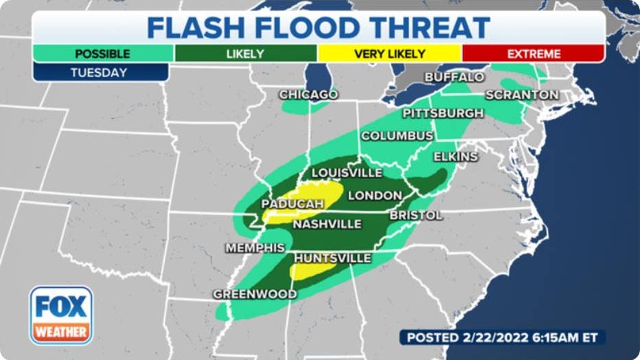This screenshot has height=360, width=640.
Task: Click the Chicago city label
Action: coord(308,94)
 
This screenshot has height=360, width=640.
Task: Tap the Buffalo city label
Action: coord(454,77)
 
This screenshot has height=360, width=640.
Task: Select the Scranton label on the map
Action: coord(522,95)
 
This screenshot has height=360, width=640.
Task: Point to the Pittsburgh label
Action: coord(443,113)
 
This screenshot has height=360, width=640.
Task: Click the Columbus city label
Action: coord(397,135)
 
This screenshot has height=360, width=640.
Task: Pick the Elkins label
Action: coord(455,157)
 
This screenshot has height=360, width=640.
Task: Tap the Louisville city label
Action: coord(347,172)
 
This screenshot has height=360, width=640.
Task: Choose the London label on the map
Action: coord(374,195)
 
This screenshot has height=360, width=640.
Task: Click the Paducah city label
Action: coord(292,204)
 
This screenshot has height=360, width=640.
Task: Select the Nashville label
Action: coord(327,224)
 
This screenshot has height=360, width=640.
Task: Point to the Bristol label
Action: coord(415,215)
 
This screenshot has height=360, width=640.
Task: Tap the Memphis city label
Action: coord(255,247)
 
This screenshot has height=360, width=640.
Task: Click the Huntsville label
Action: coord(332,258)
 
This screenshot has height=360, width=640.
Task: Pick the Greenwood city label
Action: coord(255,294)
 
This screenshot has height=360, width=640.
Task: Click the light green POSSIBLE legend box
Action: coord(102,54)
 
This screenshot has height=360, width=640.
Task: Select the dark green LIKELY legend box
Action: coord(246,54)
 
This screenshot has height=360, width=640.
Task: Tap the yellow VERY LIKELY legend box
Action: coord(389,54)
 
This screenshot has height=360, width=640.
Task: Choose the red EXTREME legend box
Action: coord(533,54)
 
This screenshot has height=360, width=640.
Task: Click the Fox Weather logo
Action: coord(61,315)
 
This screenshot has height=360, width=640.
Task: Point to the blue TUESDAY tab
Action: coord(100,72)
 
